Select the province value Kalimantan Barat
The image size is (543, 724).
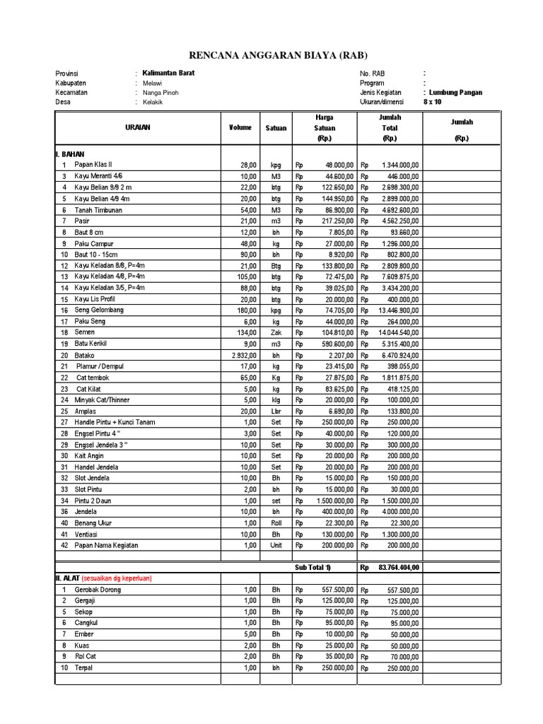(168, 73)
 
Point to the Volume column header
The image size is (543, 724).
(240, 127)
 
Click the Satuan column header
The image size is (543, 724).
(276, 128)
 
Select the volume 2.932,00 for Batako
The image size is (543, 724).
(241, 355)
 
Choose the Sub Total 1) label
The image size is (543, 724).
(313, 567)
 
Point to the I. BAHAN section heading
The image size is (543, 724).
(70, 153)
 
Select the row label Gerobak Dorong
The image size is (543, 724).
(98, 589)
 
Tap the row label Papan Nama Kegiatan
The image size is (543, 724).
(106, 545)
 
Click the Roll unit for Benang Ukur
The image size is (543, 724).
(276, 523)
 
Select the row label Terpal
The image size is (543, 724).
(85, 667)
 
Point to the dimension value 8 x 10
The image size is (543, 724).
(432, 102)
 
